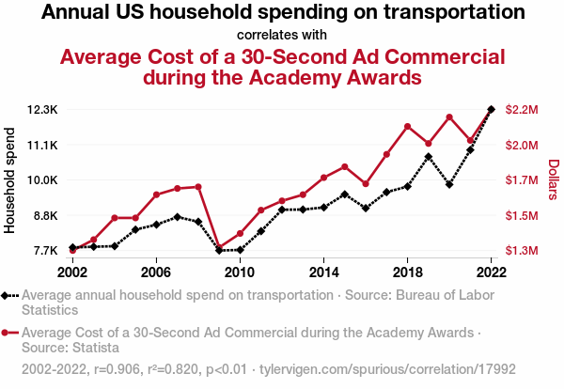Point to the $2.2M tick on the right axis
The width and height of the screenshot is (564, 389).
(522, 110)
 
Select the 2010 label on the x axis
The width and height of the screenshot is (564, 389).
(240, 272)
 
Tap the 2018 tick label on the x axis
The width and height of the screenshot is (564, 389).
(407, 272)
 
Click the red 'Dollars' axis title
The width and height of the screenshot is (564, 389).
(554, 179)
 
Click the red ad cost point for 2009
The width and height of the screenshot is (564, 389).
(219, 248)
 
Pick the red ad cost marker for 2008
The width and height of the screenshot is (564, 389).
(198, 187)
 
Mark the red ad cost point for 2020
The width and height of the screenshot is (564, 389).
(449, 117)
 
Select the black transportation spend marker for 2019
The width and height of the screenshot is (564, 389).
(429, 157)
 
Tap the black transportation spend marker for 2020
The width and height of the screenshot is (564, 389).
(449, 184)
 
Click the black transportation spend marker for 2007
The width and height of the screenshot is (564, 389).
(178, 217)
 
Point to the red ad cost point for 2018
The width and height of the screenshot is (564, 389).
(407, 126)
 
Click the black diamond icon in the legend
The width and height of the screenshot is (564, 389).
(9, 296)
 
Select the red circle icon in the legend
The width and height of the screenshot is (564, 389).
(9, 333)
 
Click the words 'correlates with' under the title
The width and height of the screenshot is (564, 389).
(282, 36)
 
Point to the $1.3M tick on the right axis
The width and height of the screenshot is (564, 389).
(522, 251)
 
